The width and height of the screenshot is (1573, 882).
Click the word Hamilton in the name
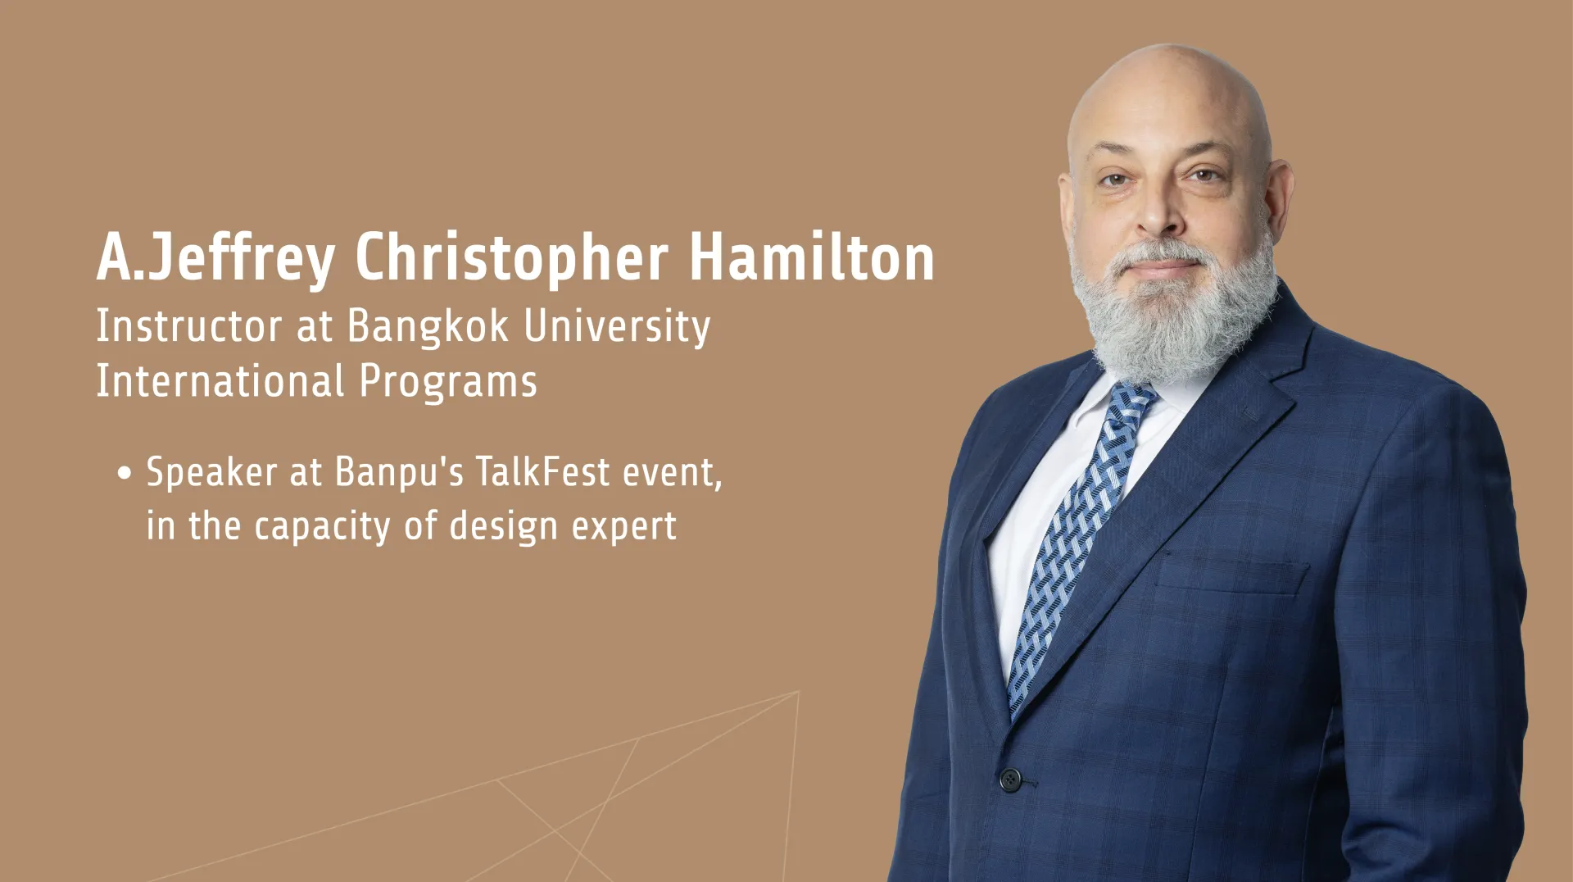811,257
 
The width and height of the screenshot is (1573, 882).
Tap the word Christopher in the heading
511,259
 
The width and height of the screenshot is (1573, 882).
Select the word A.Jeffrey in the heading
216,259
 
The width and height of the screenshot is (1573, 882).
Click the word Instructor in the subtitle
189,325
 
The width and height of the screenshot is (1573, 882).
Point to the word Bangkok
428,327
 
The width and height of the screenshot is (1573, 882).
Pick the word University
617,327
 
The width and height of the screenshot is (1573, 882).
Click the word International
220,381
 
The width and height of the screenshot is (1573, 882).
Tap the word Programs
448,383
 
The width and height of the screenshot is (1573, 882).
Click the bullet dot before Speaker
125,474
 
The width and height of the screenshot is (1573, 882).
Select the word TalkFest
542,472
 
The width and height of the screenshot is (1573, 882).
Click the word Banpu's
399,474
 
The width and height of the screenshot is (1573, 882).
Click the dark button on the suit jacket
1010,779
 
